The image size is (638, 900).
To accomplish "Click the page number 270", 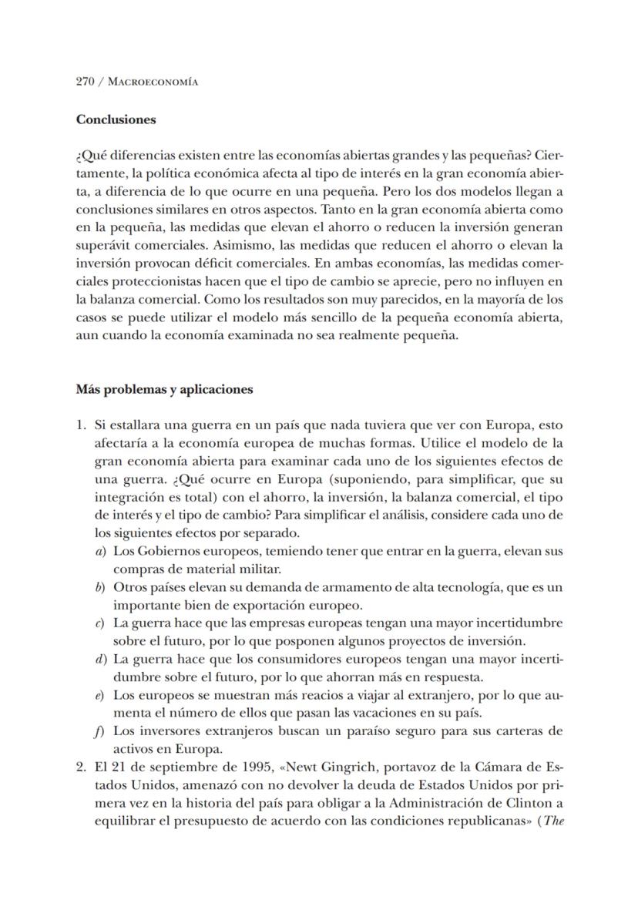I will (x=85, y=82).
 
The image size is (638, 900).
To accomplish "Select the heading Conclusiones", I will (x=116, y=120).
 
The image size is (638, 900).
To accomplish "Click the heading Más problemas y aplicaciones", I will (x=164, y=389).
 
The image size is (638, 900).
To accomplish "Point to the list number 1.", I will (x=81, y=425).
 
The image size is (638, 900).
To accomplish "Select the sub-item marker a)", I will (x=100, y=552).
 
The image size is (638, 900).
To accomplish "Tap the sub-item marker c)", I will (x=100, y=623).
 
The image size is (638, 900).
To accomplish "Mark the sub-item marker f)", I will (x=100, y=730).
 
